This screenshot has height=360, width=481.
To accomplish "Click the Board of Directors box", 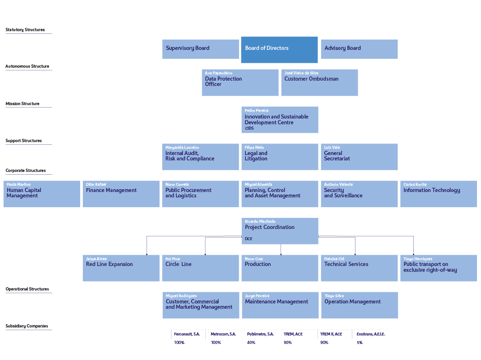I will tap(279, 49).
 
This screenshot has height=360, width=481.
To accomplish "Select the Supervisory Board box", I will tap(200, 49).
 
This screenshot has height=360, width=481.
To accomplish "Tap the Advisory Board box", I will tap(359, 49).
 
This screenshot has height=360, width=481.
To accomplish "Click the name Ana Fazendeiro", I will tap(219, 73).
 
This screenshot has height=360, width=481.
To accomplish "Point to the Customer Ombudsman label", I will tap(311, 79).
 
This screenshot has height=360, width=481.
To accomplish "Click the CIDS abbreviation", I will tap(249, 128).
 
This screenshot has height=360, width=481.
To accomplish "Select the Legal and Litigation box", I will tap(280, 156).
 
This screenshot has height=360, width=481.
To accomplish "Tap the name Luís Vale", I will tap(332, 147).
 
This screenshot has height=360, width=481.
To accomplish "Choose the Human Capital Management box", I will tap(42, 194).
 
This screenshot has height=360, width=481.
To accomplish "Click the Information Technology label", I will tap(432, 190).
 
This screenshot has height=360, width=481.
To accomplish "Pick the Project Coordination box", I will tap(280, 231).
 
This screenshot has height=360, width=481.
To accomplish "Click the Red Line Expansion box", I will tap(121, 268).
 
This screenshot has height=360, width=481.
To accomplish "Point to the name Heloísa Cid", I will tap(334, 259).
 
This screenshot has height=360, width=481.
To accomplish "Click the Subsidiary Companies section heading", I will tap(27, 326).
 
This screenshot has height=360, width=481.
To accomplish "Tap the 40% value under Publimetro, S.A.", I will tap(251, 343).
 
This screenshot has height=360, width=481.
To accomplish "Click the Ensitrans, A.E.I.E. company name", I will tap(371, 334).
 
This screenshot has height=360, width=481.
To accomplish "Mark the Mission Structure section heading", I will tap(22, 104).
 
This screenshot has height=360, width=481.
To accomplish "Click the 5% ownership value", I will tap(359, 343).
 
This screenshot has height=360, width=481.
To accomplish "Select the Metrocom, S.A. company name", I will tap(223, 334).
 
